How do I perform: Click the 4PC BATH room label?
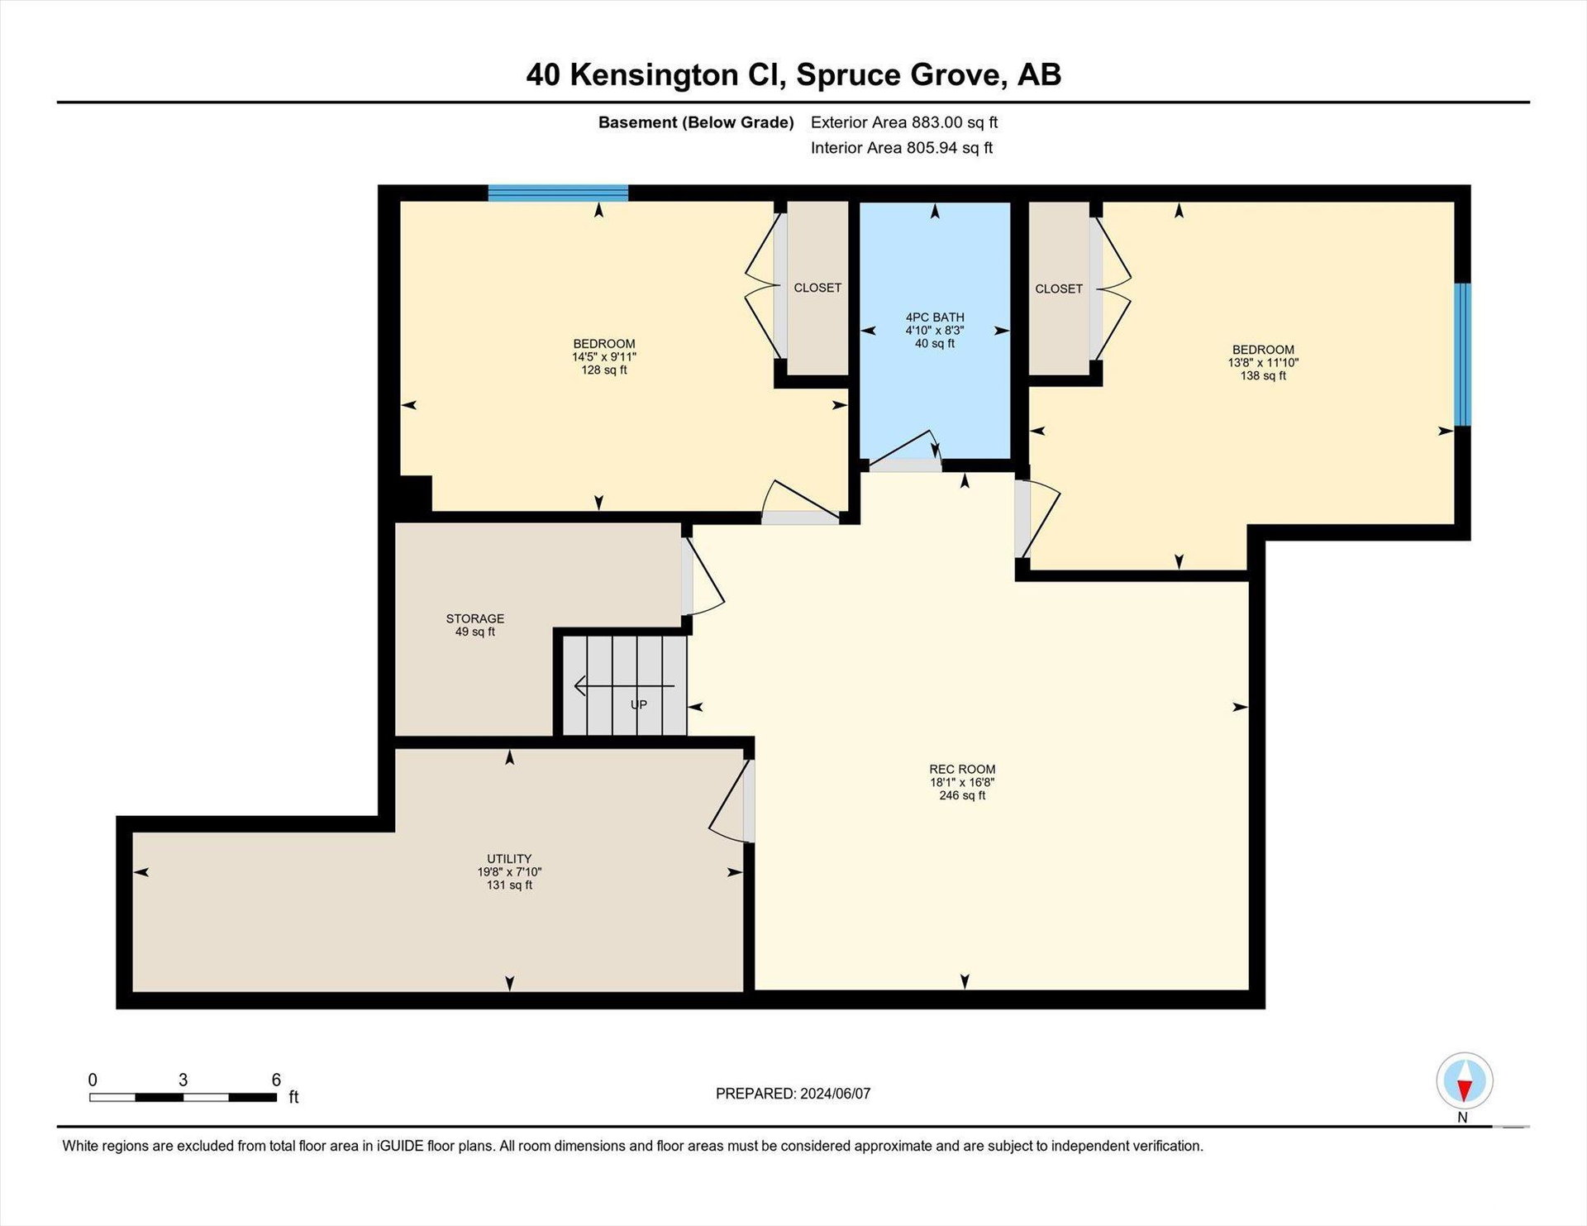click(x=935, y=317)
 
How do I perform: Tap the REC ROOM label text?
click(x=962, y=769)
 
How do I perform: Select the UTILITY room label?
click(x=509, y=859)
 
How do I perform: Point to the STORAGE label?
click(x=475, y=618)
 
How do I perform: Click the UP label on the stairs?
click(x=639, y=705)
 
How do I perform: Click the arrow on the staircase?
click(x=624, y=686)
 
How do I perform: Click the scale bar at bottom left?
click(x=183, y=1098)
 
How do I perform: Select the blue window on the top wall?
click(x=558, y=193)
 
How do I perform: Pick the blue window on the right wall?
click(x=1463, y=355)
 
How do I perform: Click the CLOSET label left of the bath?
click(x=817, y=288)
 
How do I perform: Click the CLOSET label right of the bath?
click(x=1059, y=289)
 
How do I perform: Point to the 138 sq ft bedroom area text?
click(x=1263, y=376)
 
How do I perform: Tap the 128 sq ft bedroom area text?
click(x=604, y=370)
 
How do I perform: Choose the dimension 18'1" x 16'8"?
click(x=962, y=782)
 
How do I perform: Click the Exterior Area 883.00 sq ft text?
click(x=904, y=122)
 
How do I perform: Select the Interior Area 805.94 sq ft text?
click(x=902, y=148)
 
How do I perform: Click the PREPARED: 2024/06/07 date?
click(x=793, y=1094)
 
